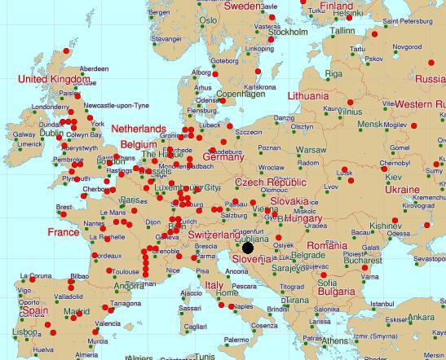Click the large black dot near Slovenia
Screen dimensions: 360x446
click(248, 248)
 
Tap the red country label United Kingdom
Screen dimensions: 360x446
click(54, 79)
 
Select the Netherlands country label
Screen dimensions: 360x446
click(138, 130)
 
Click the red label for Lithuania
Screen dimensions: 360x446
click(307, 95)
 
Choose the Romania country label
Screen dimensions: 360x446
click(326, 245)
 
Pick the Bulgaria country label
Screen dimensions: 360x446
click(336, 291)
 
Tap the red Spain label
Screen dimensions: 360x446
click(34, 311)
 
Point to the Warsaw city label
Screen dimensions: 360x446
click(311, 150)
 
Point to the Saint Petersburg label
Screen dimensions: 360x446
click(413, 22)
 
